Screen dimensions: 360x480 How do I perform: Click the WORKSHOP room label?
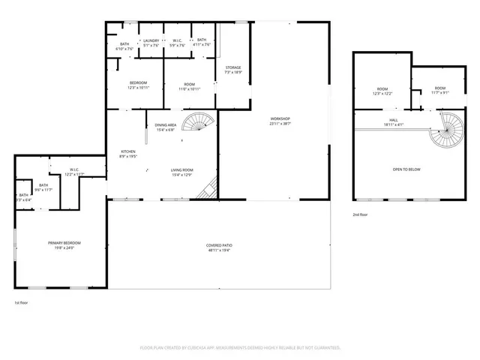click(280, 118)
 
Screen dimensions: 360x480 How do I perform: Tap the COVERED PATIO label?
click(219, 246)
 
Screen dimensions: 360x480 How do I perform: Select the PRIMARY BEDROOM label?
click(64, 243)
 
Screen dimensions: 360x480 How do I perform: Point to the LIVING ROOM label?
click(182, 170)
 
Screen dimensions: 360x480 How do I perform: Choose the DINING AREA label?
click(165, 125)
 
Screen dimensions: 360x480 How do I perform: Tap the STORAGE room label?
click(233, 67)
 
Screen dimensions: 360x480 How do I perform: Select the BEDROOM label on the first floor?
click(138, 83)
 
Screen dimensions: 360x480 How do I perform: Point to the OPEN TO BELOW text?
click(406, 169)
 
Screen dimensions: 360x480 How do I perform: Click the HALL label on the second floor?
click(394, 120)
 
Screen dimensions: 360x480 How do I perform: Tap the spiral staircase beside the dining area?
click(199, 121)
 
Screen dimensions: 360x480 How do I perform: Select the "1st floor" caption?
click(22, 302)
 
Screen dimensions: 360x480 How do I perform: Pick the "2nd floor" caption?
click(361, 214)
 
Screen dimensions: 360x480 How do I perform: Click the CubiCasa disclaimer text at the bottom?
click(240, 347)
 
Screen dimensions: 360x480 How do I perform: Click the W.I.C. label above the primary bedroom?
click(74, 169)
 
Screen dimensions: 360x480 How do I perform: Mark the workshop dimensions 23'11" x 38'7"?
click(280, 123)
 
